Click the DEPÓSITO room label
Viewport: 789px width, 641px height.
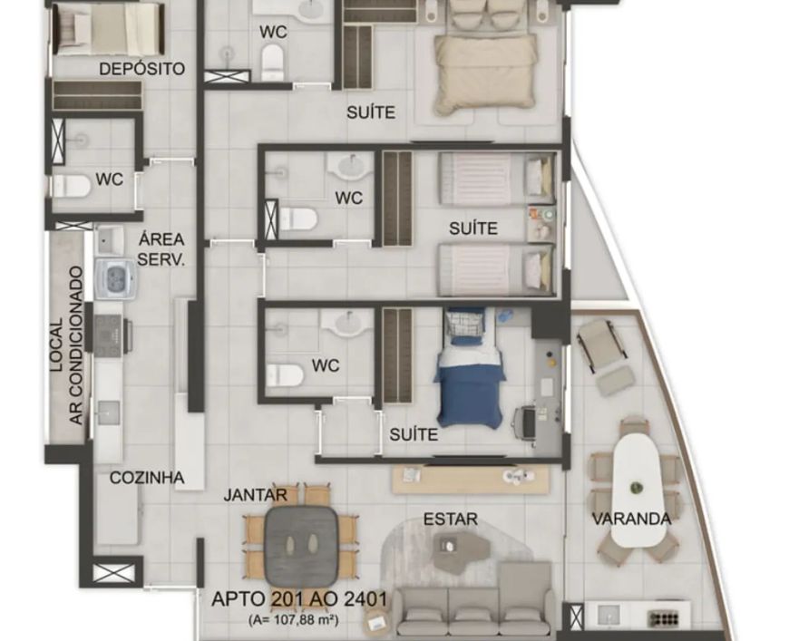141,68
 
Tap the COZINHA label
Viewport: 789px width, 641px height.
147,478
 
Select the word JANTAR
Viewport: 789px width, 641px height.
256,495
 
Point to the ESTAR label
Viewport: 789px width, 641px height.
451,519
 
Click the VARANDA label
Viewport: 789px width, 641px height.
631,519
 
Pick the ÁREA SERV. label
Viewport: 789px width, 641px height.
161,249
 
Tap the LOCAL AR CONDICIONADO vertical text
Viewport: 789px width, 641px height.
66,345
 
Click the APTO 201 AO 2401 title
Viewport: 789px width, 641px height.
300,599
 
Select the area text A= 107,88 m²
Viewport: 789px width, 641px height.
293,620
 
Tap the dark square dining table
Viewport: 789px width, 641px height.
301,544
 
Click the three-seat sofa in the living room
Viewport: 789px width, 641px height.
474,610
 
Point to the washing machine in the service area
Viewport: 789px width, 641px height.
115,279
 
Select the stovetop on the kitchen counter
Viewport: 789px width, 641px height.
110,333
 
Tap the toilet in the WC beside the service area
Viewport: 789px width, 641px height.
72,186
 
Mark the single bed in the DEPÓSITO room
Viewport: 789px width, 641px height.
109,29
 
